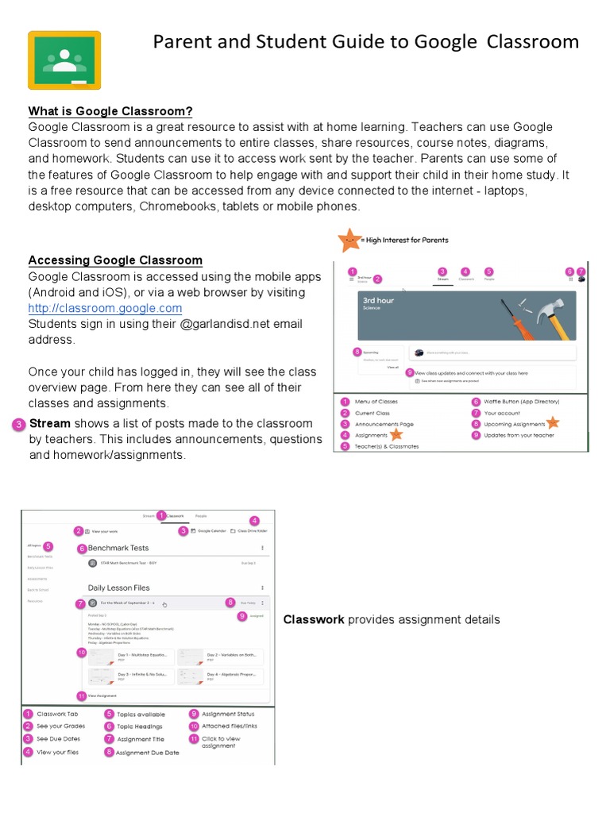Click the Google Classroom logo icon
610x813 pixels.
point(64,60)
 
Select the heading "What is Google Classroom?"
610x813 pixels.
point(110,111)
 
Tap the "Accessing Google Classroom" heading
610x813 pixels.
point(115,260)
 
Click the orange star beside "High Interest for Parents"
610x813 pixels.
point(348,239)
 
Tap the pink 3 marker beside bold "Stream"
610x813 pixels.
point(19,425)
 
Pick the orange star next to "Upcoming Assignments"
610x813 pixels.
point(553,423)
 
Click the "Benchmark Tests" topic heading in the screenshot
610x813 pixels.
point(118,548)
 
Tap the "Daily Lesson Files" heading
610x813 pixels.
point(119,588)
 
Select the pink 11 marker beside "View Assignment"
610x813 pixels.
point(81,695)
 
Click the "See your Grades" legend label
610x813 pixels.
point(60,726)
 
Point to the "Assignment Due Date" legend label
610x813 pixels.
point(148,753)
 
